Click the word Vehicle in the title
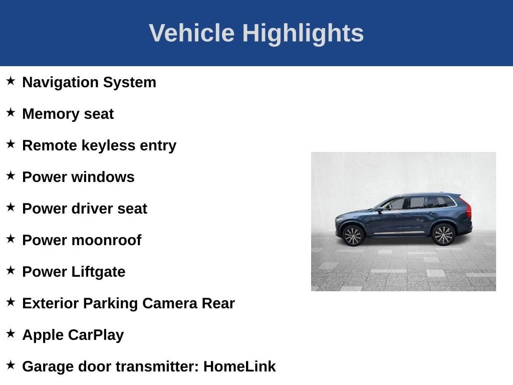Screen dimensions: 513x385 (x=192, y=33)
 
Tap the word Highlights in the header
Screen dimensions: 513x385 (x=303, y=34)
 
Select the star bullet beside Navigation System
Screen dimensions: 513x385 (x=11, y=81)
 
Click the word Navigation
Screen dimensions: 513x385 (x=61, y=83)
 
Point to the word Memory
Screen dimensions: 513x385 (x=51, y=114)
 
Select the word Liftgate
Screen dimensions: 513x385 (x=98, y=272)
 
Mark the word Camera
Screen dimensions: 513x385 (x=170, y=303)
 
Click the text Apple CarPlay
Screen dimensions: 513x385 (x=73, y=335)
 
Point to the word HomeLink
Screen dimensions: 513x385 (x=239, y=366)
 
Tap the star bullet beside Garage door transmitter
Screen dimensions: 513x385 (x=11, y=365)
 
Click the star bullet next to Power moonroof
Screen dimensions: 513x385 (x=11, y=238)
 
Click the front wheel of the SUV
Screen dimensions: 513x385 (x=353, y=236)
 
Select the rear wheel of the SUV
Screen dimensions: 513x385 (x=443, y=235)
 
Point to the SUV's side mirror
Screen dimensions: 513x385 (x=379, y=210)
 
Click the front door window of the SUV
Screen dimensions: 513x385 (x=394, y=205)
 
